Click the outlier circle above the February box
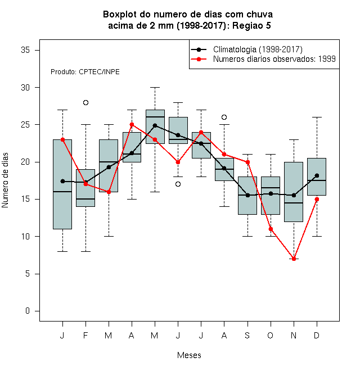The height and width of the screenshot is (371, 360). (85, 102)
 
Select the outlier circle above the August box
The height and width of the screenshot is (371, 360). (224, 117)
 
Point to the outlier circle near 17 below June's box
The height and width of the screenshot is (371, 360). (178, 184)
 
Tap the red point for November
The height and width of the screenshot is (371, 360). (294, 259)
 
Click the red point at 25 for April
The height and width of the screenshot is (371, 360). (132, 124)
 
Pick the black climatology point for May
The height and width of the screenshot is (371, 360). (155, 125)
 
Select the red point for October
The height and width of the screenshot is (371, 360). (271, 229)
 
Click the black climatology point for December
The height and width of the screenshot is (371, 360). (317, 175)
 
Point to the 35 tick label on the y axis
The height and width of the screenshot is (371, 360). (25, 50)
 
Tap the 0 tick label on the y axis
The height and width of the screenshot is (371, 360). (28, 311)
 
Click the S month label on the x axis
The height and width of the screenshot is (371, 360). (247, 335)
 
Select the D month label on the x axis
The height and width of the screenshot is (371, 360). (317, 335)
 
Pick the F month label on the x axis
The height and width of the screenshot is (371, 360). (85, 335)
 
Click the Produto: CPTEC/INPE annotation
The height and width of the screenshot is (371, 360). (85, 72)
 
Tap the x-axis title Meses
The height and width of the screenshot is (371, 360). (189, 355)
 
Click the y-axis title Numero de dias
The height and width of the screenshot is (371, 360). (5, 180)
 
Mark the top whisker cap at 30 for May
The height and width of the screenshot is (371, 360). (155, 87)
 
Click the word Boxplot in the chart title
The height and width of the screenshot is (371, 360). (120, 15)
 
